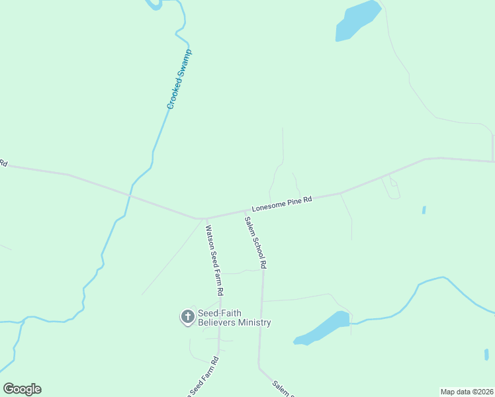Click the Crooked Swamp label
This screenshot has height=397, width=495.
[179, 79]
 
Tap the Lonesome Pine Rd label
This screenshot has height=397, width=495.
[281, 202]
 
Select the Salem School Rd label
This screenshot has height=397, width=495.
[255, 242]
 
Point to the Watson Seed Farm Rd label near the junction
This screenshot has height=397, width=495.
[214, 260]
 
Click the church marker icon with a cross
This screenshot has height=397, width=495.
[187, 318]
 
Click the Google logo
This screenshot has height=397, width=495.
[22, 389]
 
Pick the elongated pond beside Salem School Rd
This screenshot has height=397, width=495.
[323, 328]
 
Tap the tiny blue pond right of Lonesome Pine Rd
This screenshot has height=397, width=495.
[424, 210]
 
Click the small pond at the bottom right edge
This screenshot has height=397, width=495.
[486, 355]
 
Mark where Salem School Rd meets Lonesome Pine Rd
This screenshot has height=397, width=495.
[246, 211]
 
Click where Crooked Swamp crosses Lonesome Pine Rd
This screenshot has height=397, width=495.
[130, 196]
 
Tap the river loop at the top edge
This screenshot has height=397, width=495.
[154, 5]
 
